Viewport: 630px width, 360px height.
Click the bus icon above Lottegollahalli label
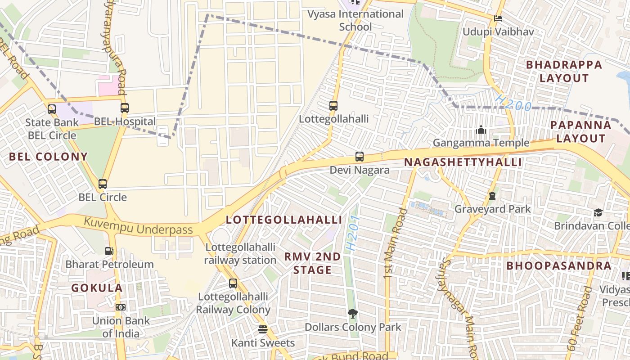(333, 106)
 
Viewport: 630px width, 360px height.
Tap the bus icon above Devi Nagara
(359, 157)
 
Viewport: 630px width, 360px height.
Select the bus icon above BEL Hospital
(125, 108)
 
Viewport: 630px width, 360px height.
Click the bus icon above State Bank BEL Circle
(52, 109)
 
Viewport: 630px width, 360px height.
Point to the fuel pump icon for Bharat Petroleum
(109, 251)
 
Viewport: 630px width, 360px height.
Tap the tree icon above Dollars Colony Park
(353, 313)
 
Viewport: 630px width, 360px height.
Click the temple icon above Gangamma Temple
(481, 130)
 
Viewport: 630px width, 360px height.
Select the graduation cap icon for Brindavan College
(598, 212)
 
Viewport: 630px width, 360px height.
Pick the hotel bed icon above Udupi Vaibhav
(498, 18)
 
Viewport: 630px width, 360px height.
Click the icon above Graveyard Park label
(492, 196)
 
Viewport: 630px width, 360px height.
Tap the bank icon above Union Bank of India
(120, 307)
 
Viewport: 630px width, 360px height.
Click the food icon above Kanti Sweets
(263, 329)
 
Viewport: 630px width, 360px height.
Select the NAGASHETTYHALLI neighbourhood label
(463, 162)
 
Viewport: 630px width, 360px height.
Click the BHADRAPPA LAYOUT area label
(564, 71)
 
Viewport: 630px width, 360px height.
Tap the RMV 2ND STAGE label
(313, 263)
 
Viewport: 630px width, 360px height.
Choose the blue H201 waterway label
(354, 233)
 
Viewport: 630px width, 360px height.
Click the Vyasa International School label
(355, 20)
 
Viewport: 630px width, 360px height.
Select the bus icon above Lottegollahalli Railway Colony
(233, 283)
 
